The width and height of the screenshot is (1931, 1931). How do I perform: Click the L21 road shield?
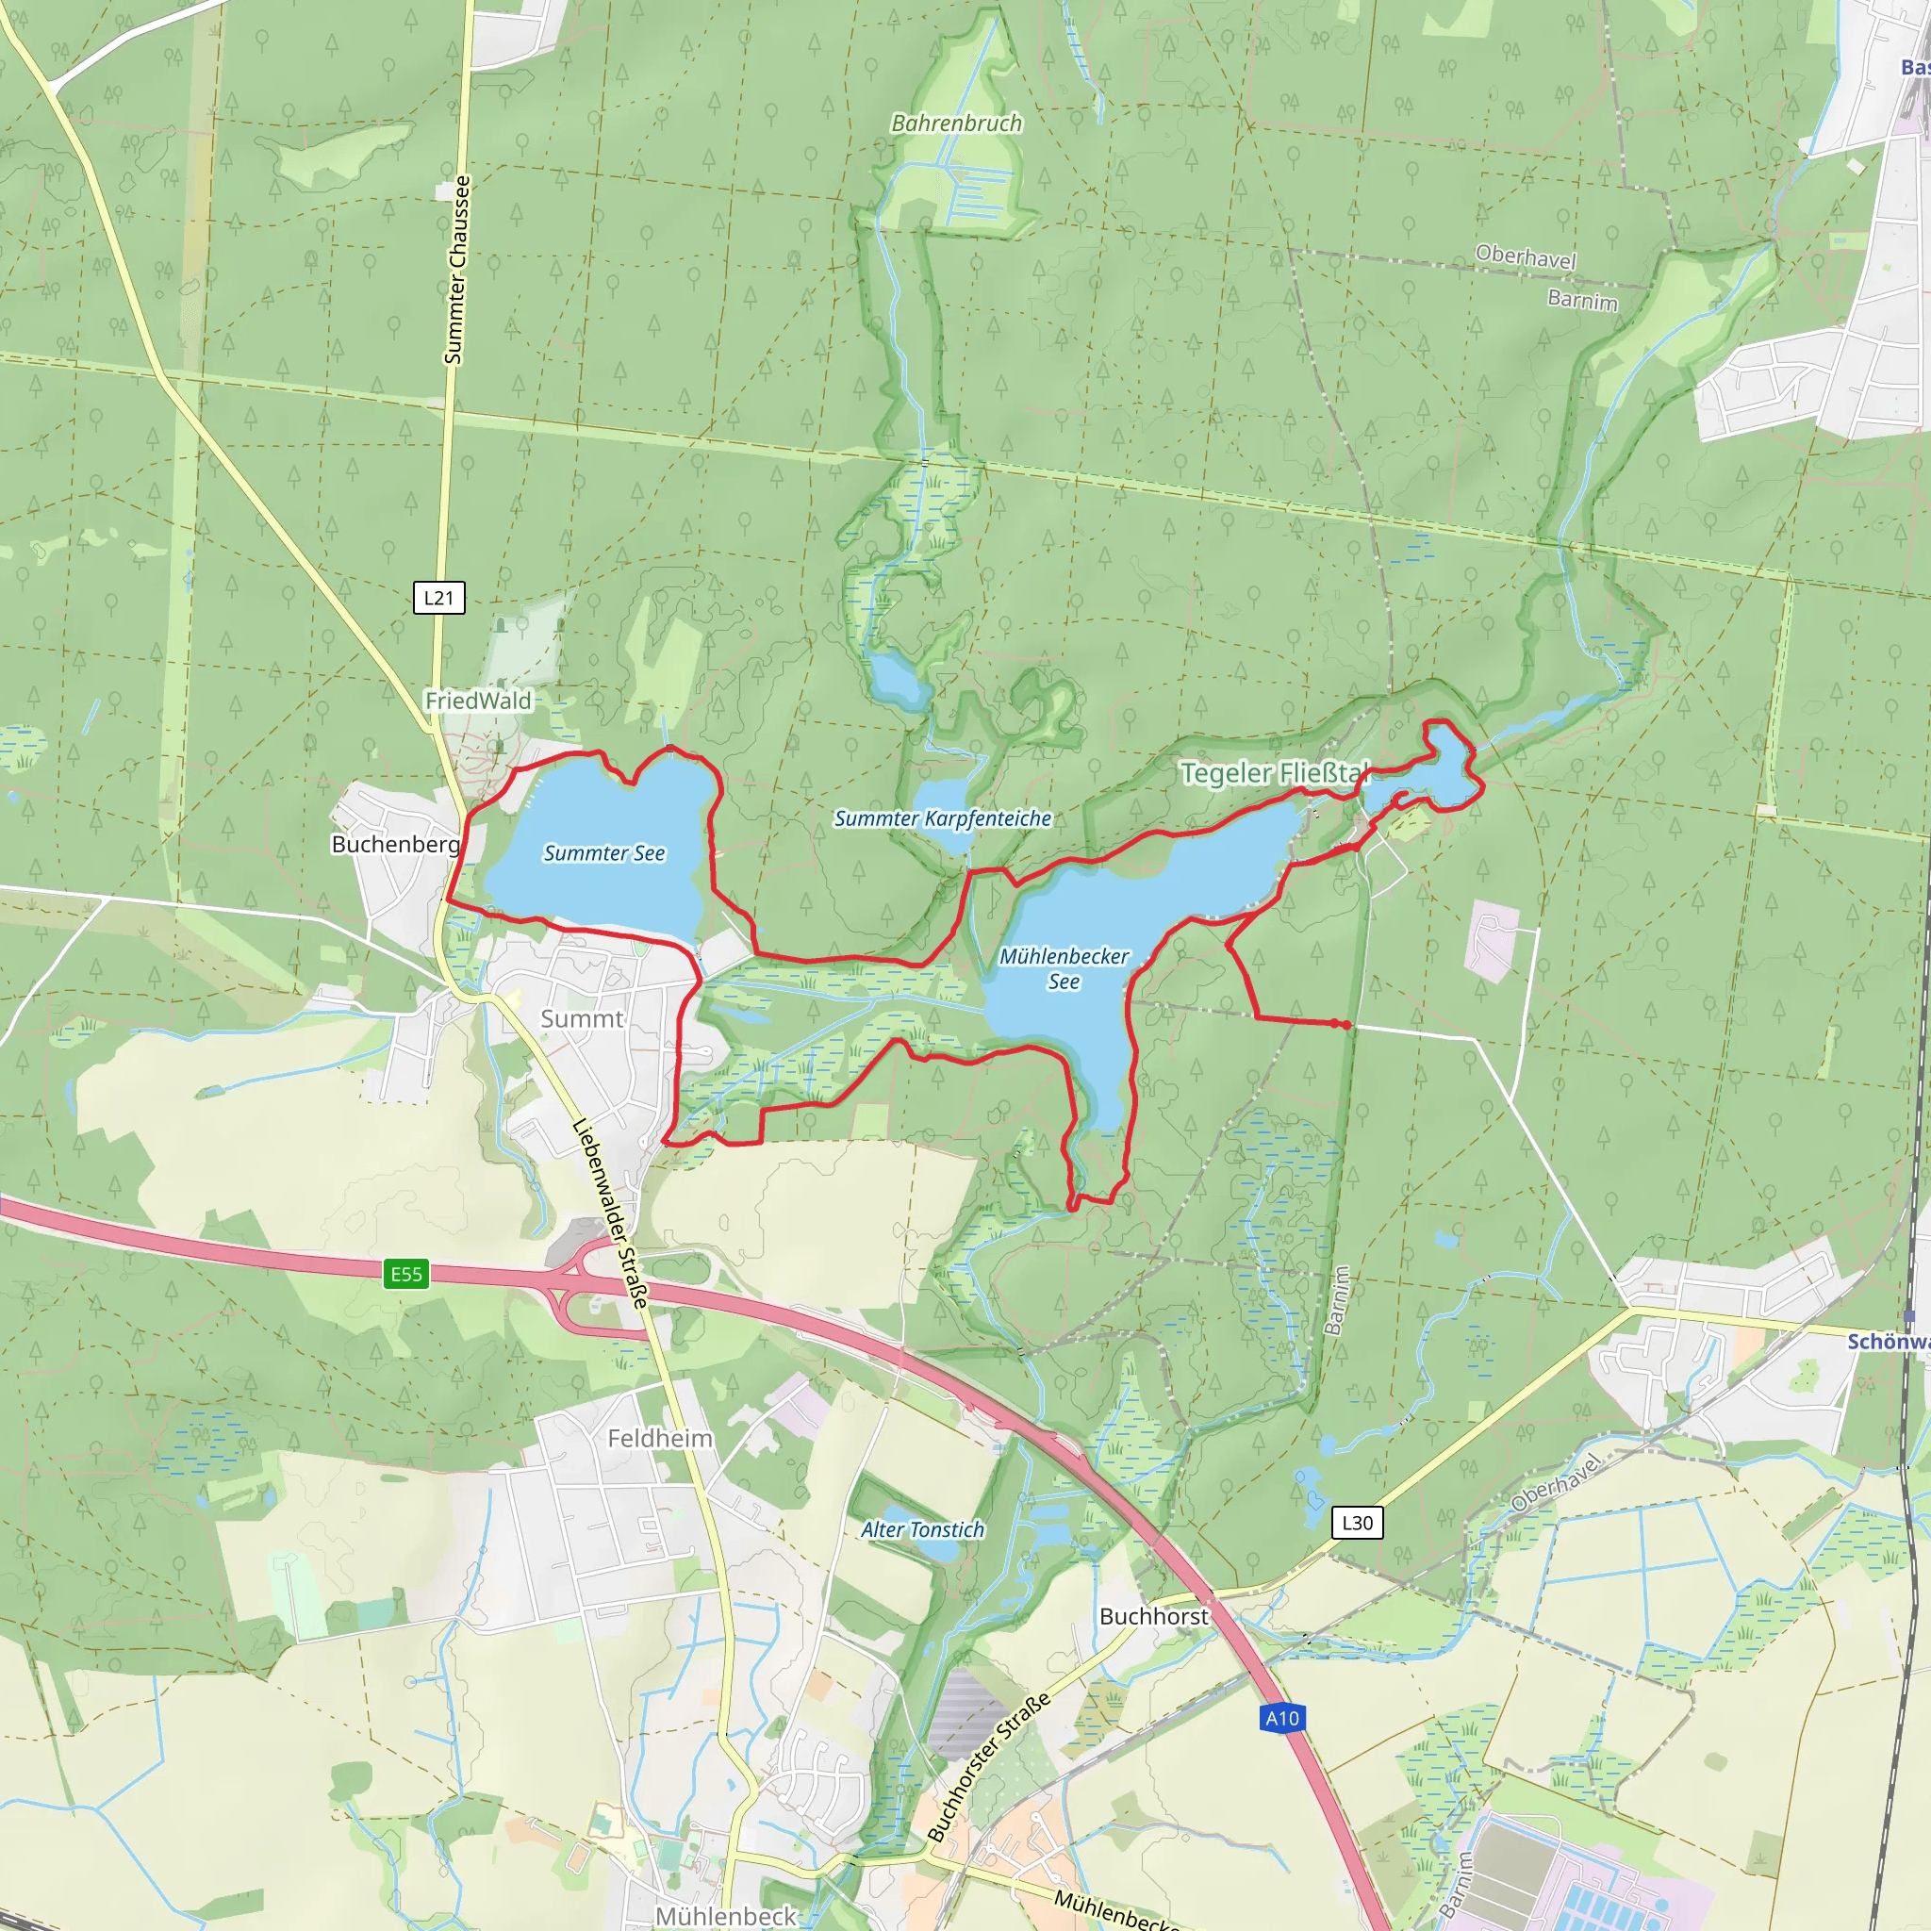[x=438, y=598]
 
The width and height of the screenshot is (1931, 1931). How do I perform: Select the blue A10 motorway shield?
[x=1282, y=1718]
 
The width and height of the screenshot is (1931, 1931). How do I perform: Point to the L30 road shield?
[x=1358, y=1522]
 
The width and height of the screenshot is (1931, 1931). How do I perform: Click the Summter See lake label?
[x=603, y=852]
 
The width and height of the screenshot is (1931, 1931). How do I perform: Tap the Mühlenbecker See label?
[x=1064, y=968]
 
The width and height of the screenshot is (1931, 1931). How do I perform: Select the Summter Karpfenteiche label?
[x=943, y=817]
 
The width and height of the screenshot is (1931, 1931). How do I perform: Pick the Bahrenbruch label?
[x=956, y=123]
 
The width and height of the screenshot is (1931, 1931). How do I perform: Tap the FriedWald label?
[x=478, y=701]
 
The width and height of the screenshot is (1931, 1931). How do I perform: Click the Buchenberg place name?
[x=396, y=844]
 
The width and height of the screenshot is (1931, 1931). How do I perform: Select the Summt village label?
[x=582, y=1018]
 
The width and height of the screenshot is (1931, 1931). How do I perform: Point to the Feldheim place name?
[x=660, y=1438]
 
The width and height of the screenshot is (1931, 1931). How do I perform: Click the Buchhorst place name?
[x=1153, y=1616]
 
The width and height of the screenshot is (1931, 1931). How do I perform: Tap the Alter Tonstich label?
[x=922, y=1529]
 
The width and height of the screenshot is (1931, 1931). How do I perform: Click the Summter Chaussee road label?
[x=455, y=270]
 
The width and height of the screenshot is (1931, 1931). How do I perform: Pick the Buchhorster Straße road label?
[x=988, y=1766]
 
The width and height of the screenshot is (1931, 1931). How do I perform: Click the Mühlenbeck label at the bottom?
[x=726, y=1915]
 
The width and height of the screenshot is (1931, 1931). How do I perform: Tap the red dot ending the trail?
[x=1347, y=1025]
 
